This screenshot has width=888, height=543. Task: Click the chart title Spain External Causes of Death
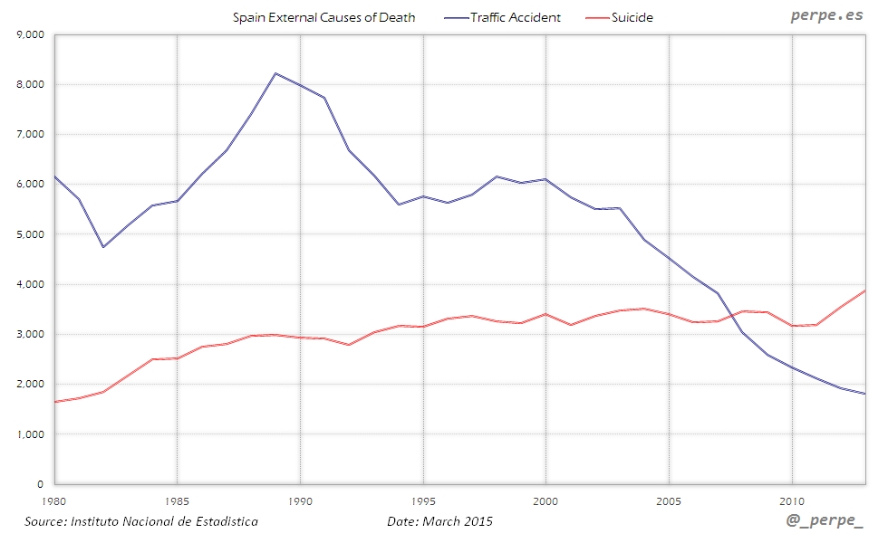click(x=323, y=17)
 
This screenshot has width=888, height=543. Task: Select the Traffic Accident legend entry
click(x=515, y=17)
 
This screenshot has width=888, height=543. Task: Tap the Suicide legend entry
click(x=632, y=17)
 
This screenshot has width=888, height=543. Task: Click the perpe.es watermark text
click(x=825, y=15)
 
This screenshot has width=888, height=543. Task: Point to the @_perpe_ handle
click(x=826, y=523)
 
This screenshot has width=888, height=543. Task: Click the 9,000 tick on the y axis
click(x=31, y=34)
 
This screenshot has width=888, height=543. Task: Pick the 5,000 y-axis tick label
click(x=31, y=234)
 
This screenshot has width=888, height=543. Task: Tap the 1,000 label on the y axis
click(x=31, y=434)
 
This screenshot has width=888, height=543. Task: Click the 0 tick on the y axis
click(x=41, y=484)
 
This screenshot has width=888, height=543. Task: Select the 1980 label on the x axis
click(x=55, y=500)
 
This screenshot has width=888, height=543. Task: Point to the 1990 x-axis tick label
click(x=300, y=500)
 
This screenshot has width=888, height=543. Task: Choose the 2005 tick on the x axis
click(x=670, y=500)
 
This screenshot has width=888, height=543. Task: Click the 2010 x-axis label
click(x=793, y=500)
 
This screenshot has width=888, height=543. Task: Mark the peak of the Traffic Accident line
click(x=275, y=73)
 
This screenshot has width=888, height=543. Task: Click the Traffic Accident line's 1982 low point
click(x=103, y=247)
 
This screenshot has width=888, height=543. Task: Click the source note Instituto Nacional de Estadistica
click(x=140, y=522)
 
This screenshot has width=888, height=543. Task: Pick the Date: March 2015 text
click(x=439, y=522)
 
